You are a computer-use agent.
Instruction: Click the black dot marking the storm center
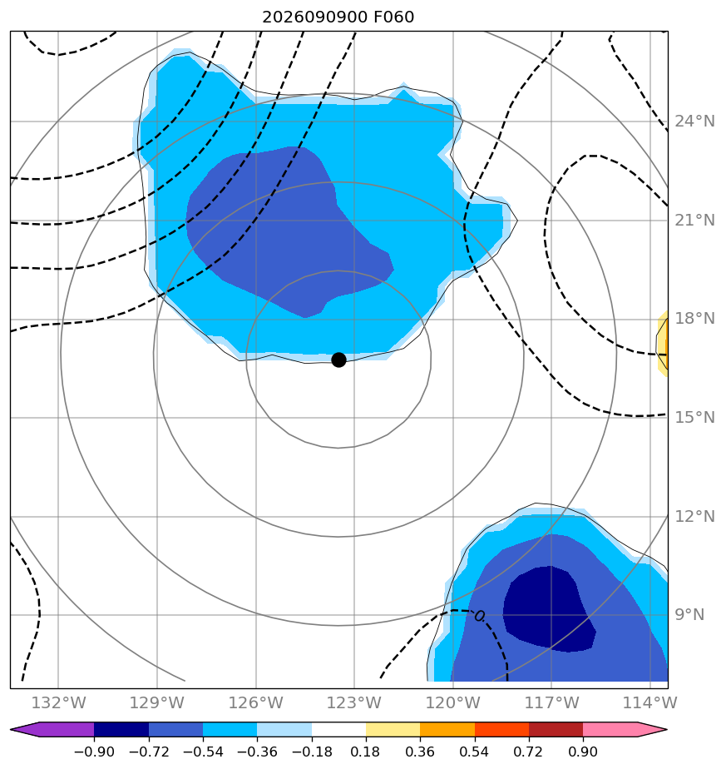pos(338,360)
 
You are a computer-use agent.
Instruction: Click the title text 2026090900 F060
pos(338,17)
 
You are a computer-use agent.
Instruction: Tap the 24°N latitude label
pos(694,122)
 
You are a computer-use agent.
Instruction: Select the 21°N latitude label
pos(694,221)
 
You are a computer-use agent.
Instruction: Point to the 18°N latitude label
pos(694,319)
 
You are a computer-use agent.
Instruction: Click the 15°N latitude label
pos(694,417)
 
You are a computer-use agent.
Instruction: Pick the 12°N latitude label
pos(694,517)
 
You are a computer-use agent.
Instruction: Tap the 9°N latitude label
pos(689,615)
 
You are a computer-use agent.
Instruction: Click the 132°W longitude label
pos(58,702)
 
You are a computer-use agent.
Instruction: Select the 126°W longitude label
pos(256,702)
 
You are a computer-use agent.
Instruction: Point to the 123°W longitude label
pos(354,702)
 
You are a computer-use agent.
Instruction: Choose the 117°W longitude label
pos(552,702)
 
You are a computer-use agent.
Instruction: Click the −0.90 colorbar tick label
pos(94,752)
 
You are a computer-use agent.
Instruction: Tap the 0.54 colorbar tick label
pos(475,752)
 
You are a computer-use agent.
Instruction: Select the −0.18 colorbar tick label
pos(312,752)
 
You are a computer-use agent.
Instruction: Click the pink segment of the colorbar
pos(610,729)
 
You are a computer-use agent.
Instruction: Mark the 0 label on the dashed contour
pos(479,616)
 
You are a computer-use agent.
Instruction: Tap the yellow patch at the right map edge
pos(662,343)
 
